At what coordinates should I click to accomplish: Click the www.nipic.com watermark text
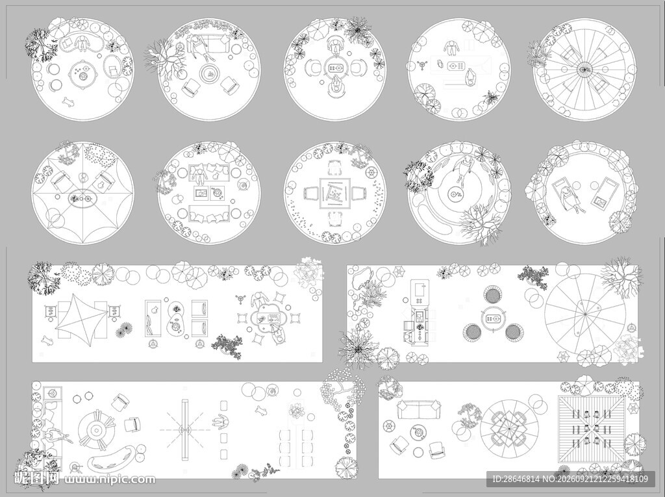coord(109,479)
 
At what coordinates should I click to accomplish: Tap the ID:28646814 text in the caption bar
coord(516,479)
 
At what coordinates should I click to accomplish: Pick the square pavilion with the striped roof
coord(591,429)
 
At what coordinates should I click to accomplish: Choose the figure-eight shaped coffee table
coord(175,318)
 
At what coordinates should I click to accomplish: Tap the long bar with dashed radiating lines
coord(185,429)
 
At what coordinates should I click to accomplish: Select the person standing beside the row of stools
coord(220,422)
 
